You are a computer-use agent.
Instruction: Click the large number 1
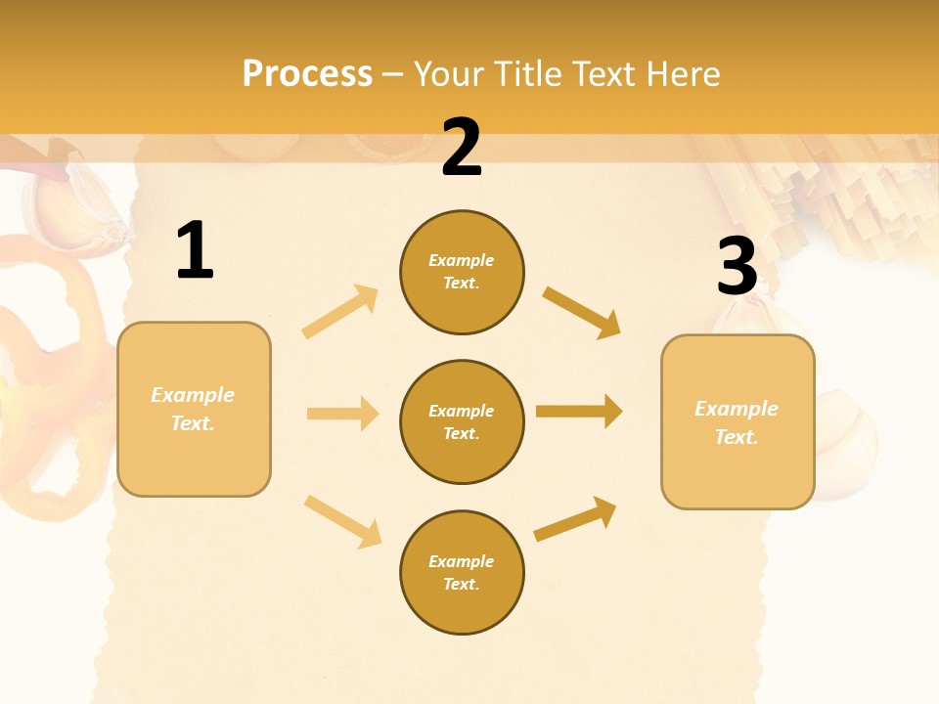195,251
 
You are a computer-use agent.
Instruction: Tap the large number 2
462,148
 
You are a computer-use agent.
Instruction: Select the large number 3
737,267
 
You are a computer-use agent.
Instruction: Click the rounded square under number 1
194,409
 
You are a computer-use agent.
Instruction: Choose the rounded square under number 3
738,421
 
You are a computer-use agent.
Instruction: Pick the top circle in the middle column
462,272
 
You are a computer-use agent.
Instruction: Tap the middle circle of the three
462,421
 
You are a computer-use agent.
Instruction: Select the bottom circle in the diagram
462,572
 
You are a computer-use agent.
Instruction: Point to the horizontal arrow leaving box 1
342,414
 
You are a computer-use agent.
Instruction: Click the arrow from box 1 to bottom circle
342,520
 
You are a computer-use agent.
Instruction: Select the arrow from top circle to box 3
582,312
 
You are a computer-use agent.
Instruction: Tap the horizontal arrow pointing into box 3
579,412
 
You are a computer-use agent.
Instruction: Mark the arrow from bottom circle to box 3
575,519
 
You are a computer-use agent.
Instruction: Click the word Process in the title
307,73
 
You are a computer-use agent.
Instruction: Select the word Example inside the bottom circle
462,561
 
